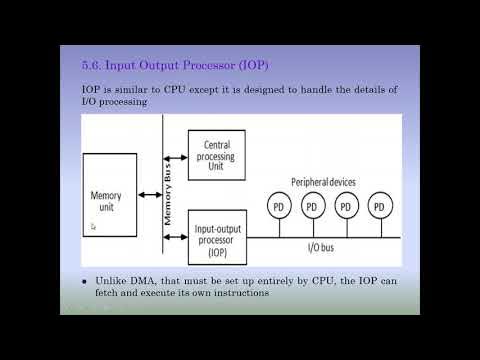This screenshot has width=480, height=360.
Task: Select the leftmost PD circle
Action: [x=281, y=207]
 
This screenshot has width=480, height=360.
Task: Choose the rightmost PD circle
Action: [x=378, y=207]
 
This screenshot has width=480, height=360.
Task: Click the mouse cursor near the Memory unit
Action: [x=93, y=227]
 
